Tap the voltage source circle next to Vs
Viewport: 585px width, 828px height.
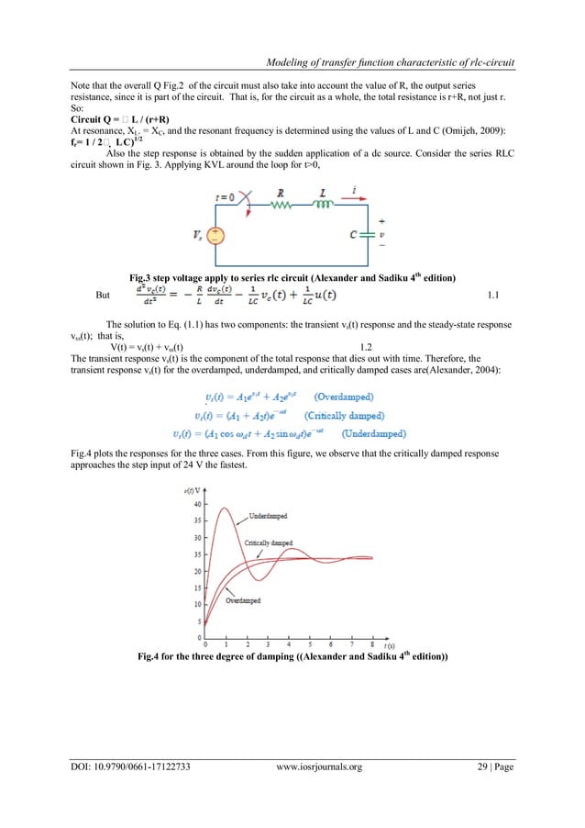[x=215, y=236]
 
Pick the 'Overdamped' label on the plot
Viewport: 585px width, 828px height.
[x=243, y=600]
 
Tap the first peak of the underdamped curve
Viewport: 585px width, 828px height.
[x=220, y=507]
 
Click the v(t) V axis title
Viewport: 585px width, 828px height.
[x=192, y=492]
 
